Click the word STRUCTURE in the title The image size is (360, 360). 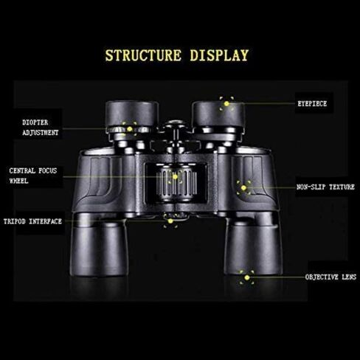click(143, 55)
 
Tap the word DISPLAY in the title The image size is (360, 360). click(219, 55)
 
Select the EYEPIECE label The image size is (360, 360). click(312, 104)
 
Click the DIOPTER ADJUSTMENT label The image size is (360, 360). click(41, 128)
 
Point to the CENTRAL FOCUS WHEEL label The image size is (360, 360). click(33, 176)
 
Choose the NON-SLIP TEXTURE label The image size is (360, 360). click(325, 187)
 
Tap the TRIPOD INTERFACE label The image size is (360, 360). click(32, 221)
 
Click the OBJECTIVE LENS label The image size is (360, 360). click(330, 277)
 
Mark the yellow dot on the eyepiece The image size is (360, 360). click(226, 104)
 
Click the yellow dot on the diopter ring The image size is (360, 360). click(130, 129)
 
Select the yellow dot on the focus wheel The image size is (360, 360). click(175, 176)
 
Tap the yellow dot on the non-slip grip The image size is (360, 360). click(243, 188)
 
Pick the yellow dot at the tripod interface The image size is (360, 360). click(170, 221)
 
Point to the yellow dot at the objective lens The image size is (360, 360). click(247, 277)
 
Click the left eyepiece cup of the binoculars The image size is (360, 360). click(132, 114)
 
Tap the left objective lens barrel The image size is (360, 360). click(99, 249)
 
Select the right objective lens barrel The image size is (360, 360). click(253, 247)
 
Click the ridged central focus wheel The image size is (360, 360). click(176, 182)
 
